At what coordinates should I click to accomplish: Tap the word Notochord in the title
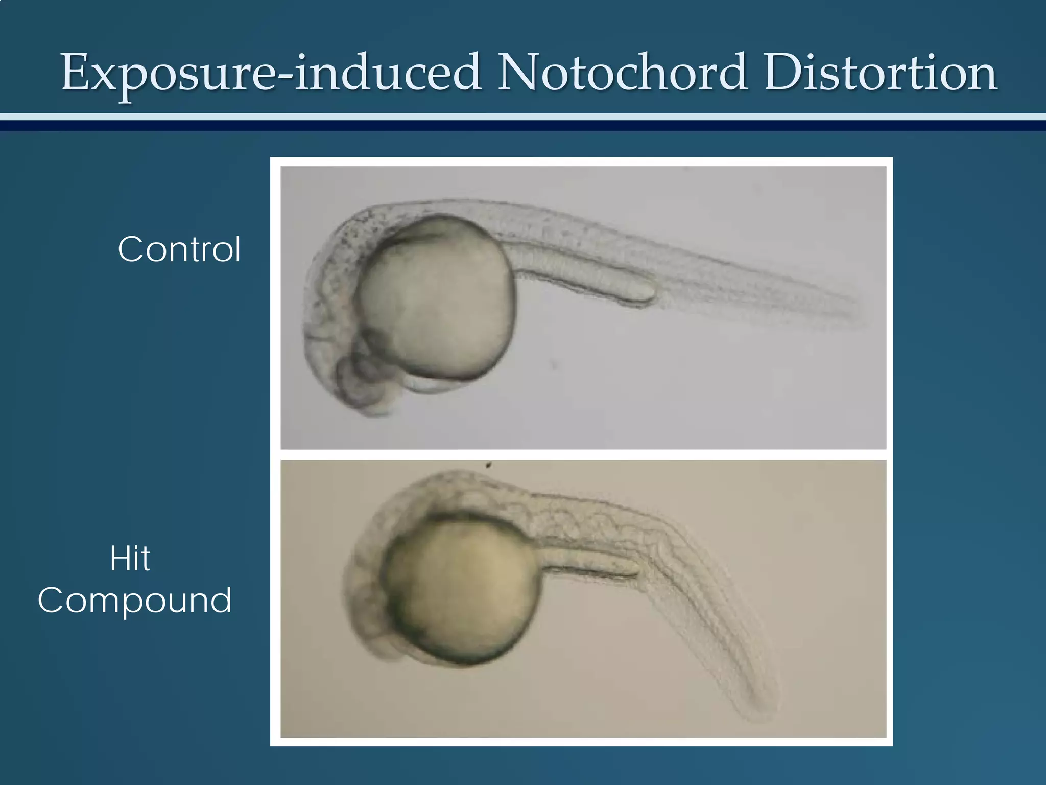623,73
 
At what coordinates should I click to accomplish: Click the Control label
179,249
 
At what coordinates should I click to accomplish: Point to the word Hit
130,559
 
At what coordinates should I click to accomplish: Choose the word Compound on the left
135,600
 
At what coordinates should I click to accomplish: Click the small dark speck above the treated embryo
489,465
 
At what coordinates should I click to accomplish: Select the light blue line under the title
523,117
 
